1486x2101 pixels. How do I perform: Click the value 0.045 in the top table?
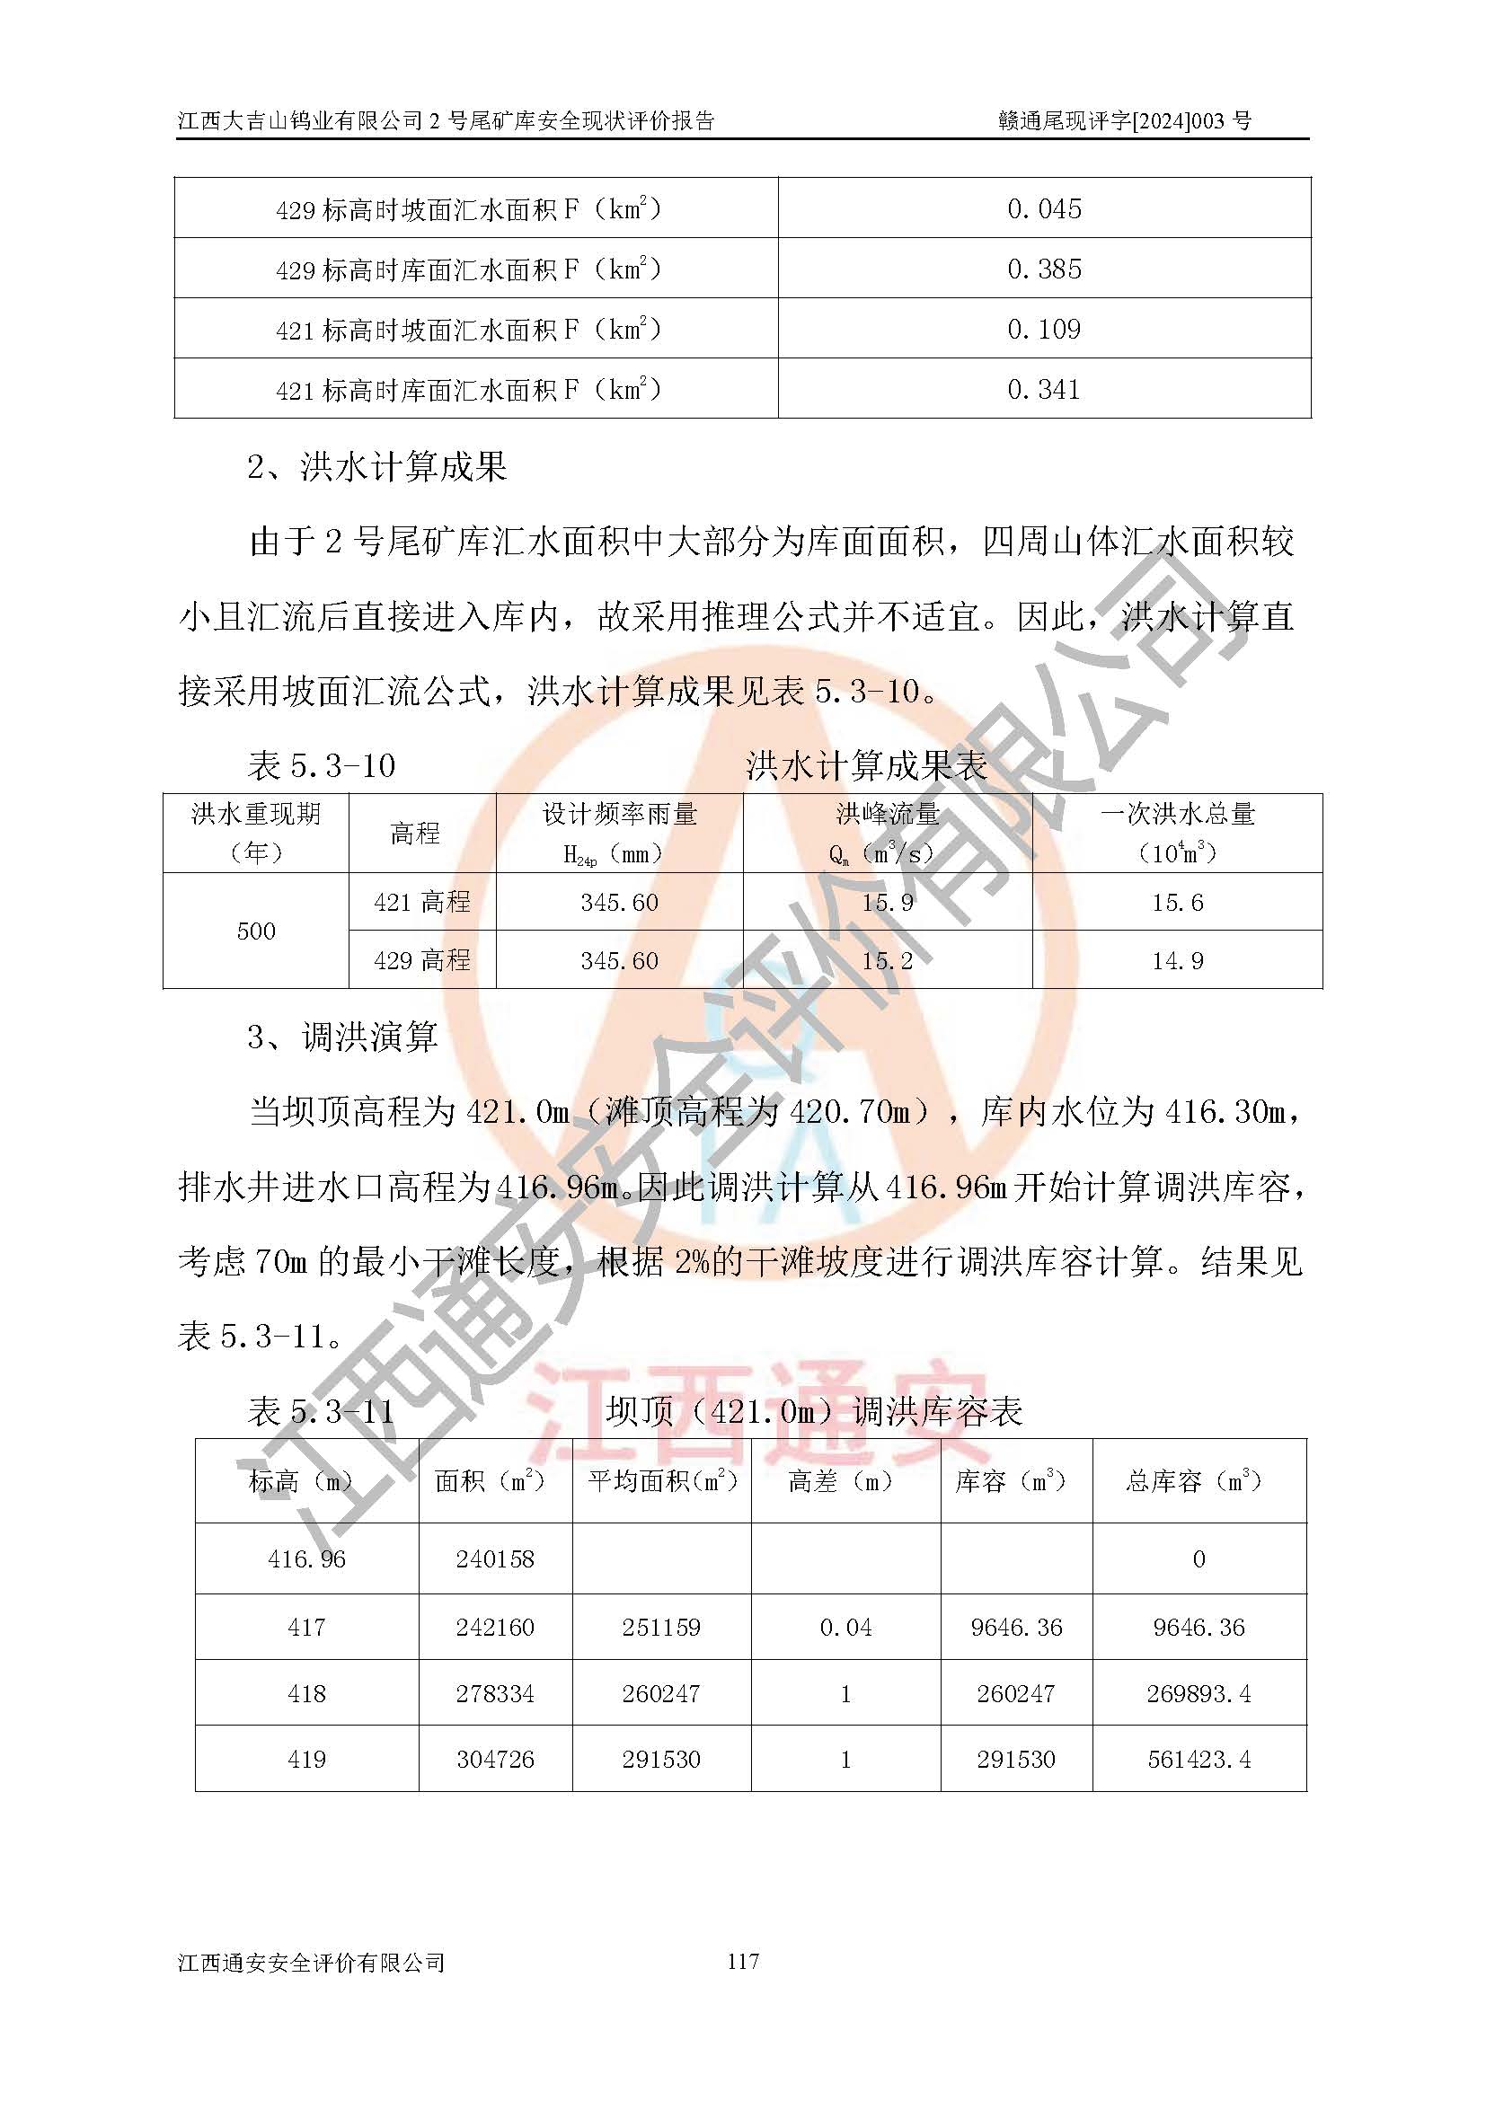pos(1044,208)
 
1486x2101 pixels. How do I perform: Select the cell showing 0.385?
pos(1044,269)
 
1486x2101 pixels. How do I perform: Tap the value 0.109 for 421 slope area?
pos(1044,330)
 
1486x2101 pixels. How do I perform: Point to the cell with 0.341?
pos(1044,390)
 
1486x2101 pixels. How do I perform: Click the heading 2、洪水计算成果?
pos(377,468)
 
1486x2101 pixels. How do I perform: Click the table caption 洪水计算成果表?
pos(866,766)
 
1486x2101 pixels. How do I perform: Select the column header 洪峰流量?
pos(887,814)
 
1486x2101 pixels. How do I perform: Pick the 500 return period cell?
pos(255,931)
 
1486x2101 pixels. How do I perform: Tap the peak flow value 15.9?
pos(887,903)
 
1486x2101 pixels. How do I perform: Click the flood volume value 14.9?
pos(1177,961)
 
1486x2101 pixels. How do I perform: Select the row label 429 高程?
pos(422,961)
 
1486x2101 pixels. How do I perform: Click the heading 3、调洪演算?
pos(343,1037)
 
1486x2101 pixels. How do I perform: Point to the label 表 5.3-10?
pos(321,766)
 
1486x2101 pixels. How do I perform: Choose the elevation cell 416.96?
pos(306,1559)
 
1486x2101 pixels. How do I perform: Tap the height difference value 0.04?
pos(845,1628)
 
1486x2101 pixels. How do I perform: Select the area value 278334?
pos(495,1694)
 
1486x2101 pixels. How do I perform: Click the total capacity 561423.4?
pos(1199,1760)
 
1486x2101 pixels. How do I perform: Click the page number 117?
pos(743,1961)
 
